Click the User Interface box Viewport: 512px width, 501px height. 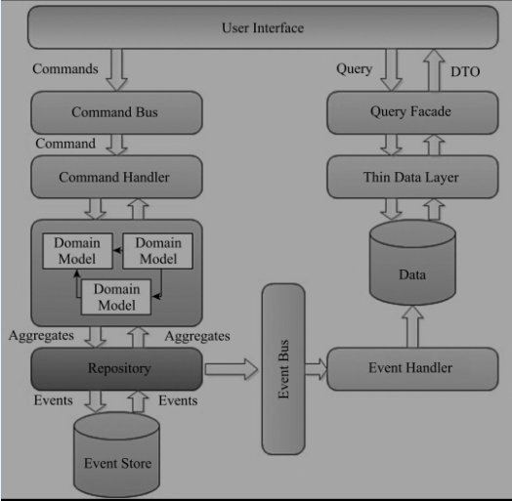point(263,27)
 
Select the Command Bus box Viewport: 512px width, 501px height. point(116,112)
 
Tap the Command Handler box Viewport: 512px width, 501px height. point(116,177)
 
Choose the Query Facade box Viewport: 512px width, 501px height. point(412,112)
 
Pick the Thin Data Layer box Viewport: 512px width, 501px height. point(412,177)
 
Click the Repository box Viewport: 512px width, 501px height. point(116,369)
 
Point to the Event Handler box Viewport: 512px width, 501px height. point(412,369)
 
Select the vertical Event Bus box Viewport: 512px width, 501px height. point(283,369)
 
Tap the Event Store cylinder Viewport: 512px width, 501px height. point(116,455)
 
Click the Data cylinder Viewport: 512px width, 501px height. point(412,263)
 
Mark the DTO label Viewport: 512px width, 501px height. point(465,72)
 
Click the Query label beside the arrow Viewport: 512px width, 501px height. point(355,69)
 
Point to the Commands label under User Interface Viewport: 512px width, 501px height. point(65,69)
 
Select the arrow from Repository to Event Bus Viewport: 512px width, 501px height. point(232,369)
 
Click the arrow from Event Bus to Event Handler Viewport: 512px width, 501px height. point(316,369)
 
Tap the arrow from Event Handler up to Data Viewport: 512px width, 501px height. point(412,327)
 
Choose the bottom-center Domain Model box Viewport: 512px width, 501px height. point(116,297)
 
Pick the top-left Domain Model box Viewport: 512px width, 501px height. point(78,251)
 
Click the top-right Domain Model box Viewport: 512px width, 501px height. point(157,251)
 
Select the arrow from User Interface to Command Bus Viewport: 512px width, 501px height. point(116,70)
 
